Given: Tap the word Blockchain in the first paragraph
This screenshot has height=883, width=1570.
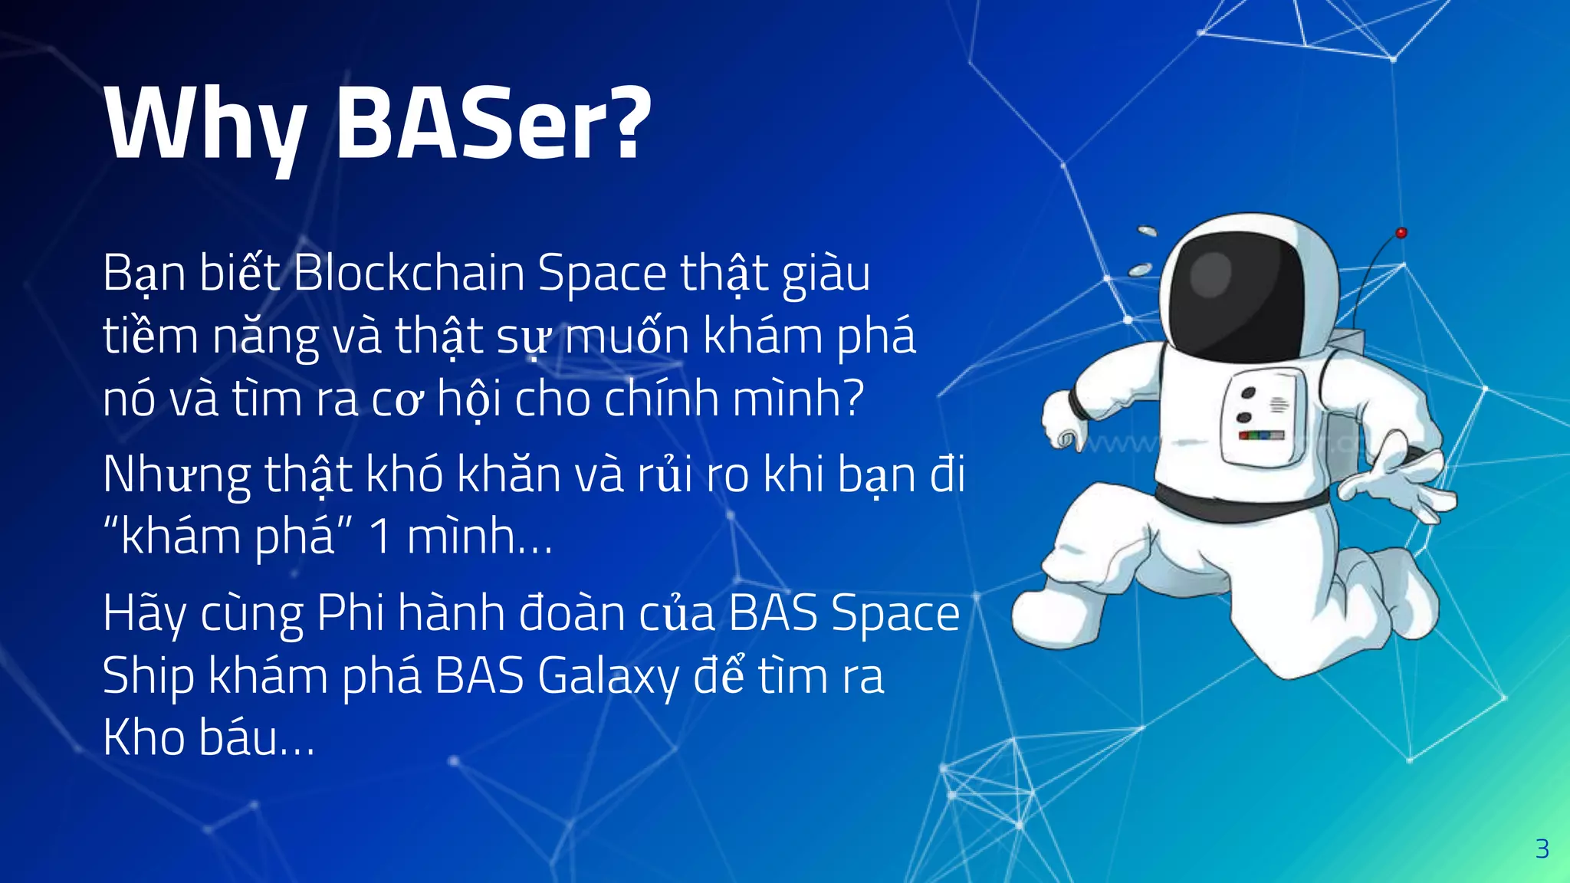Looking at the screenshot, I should click(x=409, y=273).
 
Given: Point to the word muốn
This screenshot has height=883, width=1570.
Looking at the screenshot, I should click(x=627, y=336).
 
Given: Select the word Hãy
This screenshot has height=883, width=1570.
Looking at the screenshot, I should click(x=144, y=615).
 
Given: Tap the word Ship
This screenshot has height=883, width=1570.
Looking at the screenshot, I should click(x=148, y=678).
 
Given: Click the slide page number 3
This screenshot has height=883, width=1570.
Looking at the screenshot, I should click(x=1542, y=849).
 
